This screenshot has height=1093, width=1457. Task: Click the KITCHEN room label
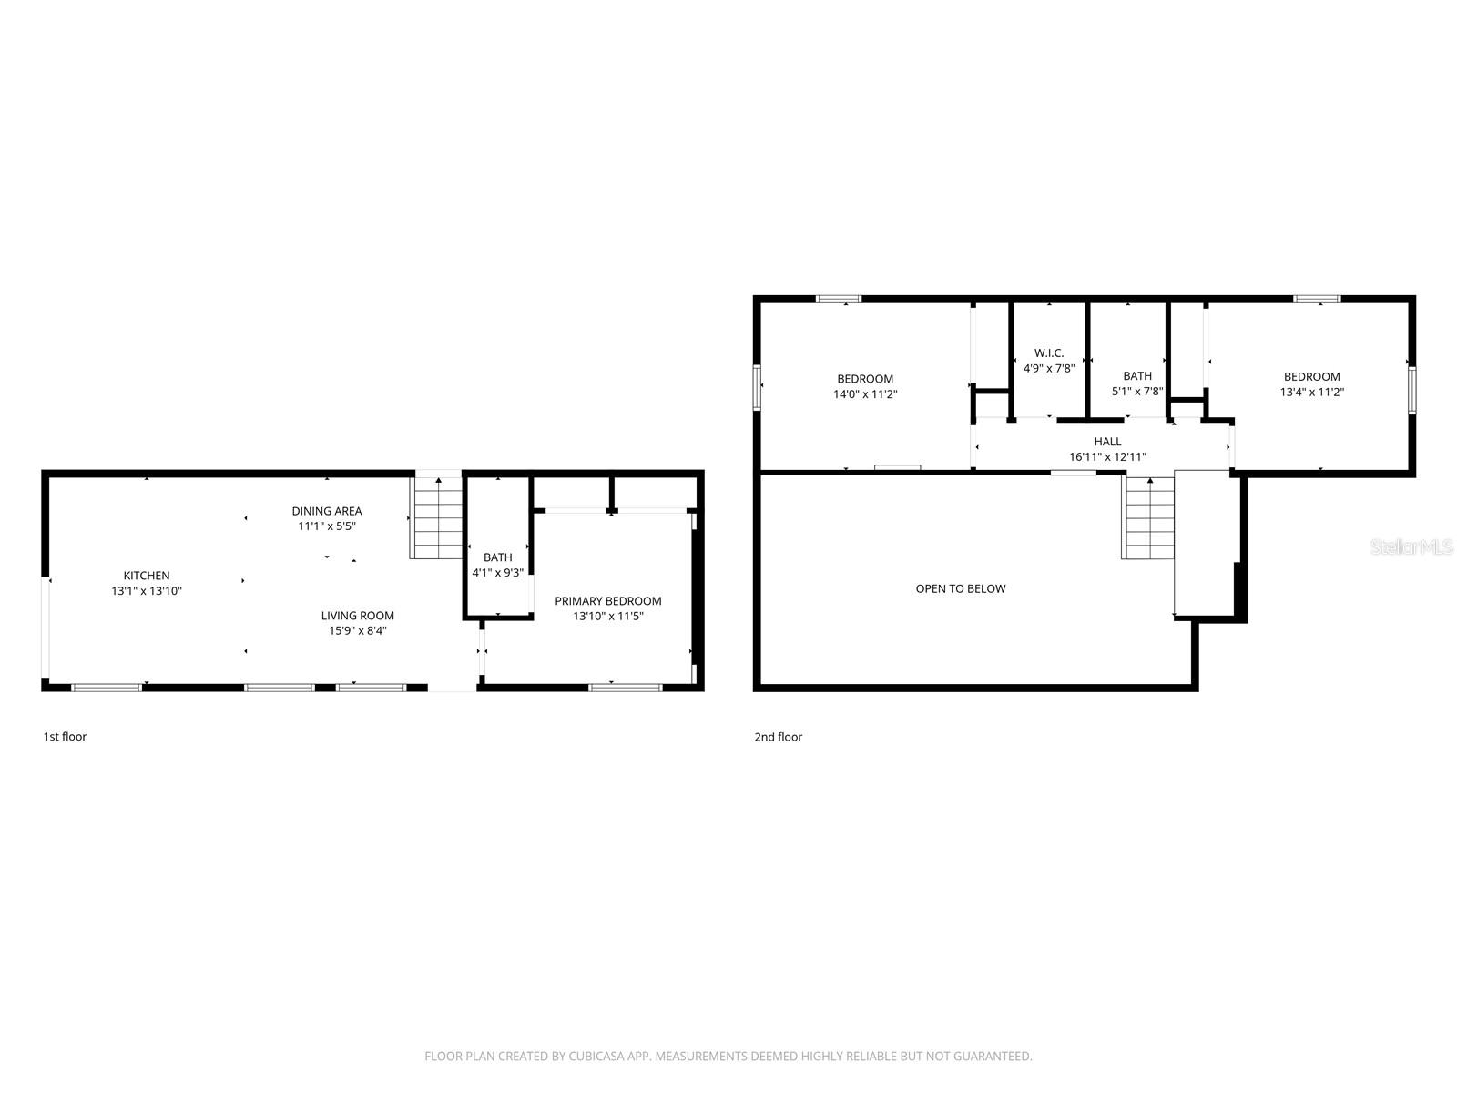click(x=147, y=576)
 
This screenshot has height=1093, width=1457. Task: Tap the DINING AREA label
click(x=327, y=511)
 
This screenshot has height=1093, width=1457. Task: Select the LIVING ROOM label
click(x=358, y=616)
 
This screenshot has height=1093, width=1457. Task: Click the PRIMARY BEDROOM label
click(x=607, y=601)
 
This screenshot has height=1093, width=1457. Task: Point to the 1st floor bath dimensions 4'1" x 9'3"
click(x=497, y=573)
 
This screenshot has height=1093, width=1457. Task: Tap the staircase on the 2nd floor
click(x=1149, y=519)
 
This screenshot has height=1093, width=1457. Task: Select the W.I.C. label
click(x=1049, y=353)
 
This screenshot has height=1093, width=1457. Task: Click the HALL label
click(x=1107, y=442)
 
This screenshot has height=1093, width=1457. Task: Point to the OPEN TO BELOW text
click(x=961, y=589)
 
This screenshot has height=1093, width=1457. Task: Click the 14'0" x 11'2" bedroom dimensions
click(x=865, y=394)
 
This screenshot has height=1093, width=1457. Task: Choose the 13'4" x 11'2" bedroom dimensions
click(x=1312, y=393)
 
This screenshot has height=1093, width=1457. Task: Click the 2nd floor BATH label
click(x=1137, y=376)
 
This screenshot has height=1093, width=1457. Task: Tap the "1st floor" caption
click(x=65, y=737)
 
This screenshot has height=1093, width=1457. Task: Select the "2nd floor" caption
click(x=778, y=737)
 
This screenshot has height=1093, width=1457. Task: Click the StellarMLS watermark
click(x=1411, y=547)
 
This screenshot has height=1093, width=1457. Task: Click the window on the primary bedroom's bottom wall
click(x=625, y=688)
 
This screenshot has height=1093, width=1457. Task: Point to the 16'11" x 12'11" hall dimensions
click(x=1107, y=457)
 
